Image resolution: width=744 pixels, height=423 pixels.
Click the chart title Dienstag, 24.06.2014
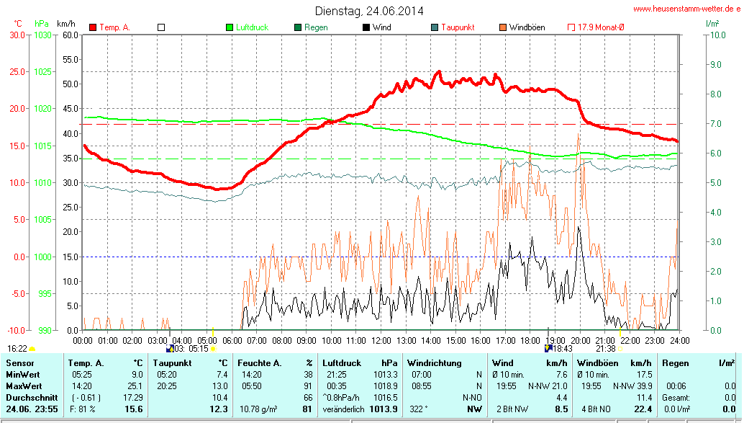pyautogui.click(x=368, y=11)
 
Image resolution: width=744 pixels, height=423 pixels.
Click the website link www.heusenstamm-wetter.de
pyautogui.click(x=686, y=9)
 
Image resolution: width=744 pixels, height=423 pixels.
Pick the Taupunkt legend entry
pyautogui.click(x=457, y=27)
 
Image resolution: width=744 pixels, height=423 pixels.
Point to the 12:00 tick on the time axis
pyautogui.click(x=381, y=339)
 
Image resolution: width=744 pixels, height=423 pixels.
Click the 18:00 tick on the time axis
pyautogui.click(x=530, y=339)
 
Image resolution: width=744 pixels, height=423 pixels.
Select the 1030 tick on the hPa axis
pyautogui.click(x=42, y=35)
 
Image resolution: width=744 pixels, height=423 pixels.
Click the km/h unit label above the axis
pyautogui.click(x=67, y=23)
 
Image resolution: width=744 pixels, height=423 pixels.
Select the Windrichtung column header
pyautogui.click(x=435, y=363)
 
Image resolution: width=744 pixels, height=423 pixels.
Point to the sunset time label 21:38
pyautogui.click(x=605, y=349)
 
